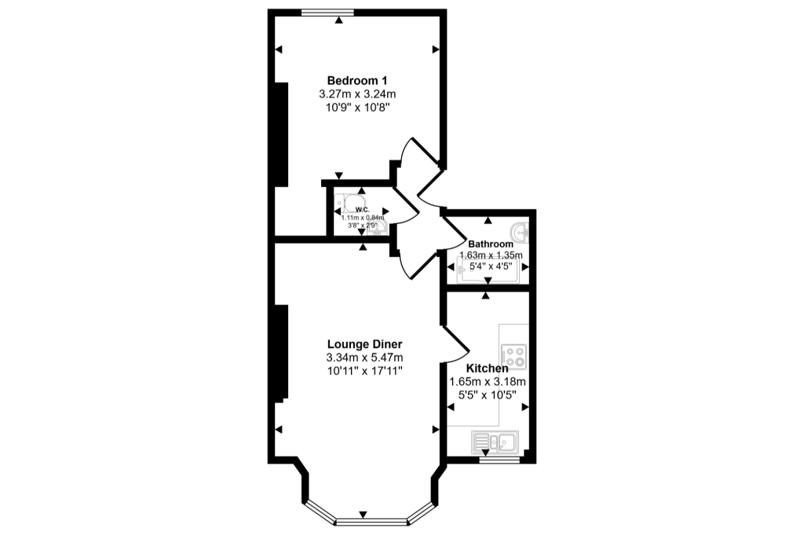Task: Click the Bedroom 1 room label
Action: coord(357,80)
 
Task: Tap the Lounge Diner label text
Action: coord(364,344)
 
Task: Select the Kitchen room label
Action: coord(487,368)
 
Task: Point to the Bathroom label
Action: coord(491,244)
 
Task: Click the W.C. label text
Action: coord(362,210)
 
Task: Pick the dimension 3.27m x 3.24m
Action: coord(357,94)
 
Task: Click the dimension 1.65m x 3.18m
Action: coord(487,382)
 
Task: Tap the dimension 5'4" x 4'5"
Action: coord(491,266)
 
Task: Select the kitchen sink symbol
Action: coord(494,442)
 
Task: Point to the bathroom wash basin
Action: coord(521,233)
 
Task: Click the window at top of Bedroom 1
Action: coord(327,11)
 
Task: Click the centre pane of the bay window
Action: coord(367,520)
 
